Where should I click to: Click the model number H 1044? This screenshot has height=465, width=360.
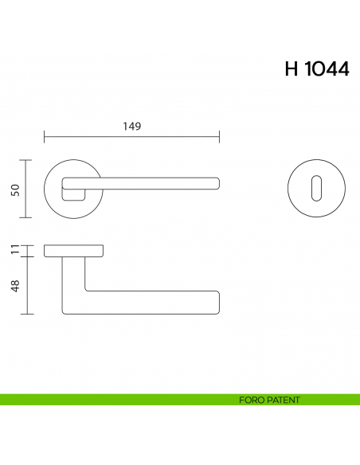[316, 68]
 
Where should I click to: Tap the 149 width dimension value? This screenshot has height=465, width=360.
[131, 126]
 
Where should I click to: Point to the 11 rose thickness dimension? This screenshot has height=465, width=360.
[14, 252]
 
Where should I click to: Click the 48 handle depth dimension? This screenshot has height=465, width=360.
[14, 285]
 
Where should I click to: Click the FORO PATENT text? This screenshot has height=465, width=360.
[269, 400]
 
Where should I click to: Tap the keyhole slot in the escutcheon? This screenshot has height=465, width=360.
[315, 189]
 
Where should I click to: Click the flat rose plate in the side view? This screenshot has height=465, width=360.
[74, 252]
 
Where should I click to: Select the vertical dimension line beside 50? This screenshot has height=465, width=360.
[29, 189]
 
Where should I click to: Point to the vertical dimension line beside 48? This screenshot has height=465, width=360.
[29, 285]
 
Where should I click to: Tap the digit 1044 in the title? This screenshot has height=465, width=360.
[328, 68]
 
